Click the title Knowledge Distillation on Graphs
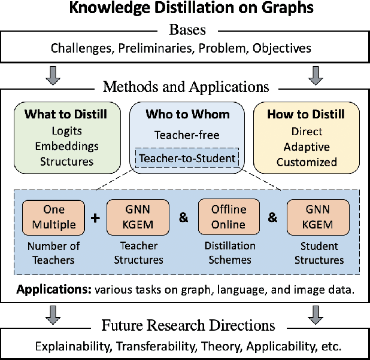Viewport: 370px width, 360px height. pyautogui.click(x=185, y=8)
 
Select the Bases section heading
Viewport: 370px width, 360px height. pyautogui.click(x=185, y=29)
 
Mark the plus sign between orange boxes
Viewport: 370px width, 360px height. pyautogui.click(x=95, y=217)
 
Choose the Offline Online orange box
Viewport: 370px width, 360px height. pyautogui.click(x=228, y=217)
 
